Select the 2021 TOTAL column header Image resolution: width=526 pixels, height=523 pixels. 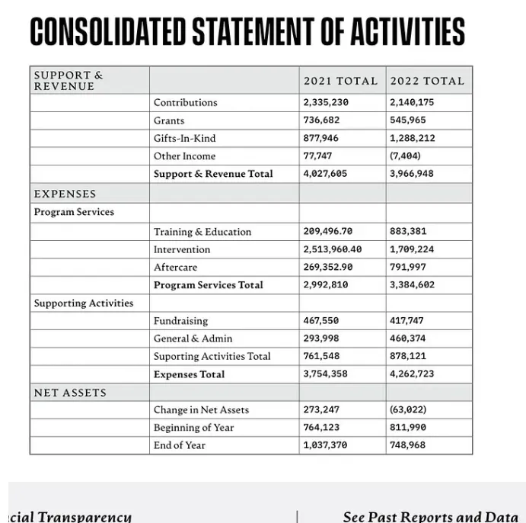(340, 81)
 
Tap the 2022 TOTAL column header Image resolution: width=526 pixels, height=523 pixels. (426, 81)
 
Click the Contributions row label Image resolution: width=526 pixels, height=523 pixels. (185, 102)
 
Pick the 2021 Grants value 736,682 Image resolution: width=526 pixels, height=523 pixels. (321, 120)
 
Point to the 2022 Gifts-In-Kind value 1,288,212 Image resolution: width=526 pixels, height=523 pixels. (413, 138)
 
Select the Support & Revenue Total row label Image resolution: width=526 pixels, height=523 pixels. (213, 174)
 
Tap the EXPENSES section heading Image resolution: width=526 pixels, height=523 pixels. (65, 194)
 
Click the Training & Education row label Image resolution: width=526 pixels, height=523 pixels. (202, 232)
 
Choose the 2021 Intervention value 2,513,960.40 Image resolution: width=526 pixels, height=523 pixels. (332, 249)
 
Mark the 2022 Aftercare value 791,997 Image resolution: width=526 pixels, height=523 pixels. (408, 267)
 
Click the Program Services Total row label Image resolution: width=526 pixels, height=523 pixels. (208, 285)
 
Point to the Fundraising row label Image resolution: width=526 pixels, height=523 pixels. (180, 321)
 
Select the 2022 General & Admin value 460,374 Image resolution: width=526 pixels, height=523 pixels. (408, 339)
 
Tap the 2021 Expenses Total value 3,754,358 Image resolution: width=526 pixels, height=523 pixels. (325, 374)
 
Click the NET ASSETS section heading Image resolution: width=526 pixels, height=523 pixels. (70, 393)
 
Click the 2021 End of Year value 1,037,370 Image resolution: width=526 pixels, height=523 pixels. (325, 445)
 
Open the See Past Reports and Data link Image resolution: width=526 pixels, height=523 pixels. (430, 516)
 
